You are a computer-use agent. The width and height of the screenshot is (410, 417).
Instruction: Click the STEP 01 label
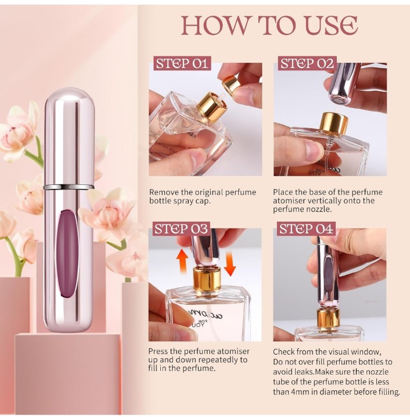(x=182, y=64)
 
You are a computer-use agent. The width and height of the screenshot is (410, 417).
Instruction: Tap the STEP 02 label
(x=307, y=64)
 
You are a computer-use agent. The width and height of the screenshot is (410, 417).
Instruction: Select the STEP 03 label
(x=182, y=229)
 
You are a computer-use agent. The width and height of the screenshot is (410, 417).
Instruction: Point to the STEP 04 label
(x=307, y=229)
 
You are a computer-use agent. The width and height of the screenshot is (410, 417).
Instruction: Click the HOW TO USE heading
(x=269, y=26)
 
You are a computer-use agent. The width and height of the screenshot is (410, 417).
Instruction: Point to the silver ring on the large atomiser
(x=69, y=187)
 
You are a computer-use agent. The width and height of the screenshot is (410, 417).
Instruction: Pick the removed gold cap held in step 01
(x=232, y=85)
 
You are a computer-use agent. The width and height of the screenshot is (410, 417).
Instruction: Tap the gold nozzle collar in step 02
(x=334, y=124)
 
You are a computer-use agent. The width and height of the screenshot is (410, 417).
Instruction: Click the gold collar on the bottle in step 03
(x=207, y=279)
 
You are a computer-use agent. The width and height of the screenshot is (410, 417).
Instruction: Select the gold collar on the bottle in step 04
(x=328, y=318)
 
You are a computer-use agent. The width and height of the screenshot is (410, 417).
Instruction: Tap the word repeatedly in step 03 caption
(x=217, y=359)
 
